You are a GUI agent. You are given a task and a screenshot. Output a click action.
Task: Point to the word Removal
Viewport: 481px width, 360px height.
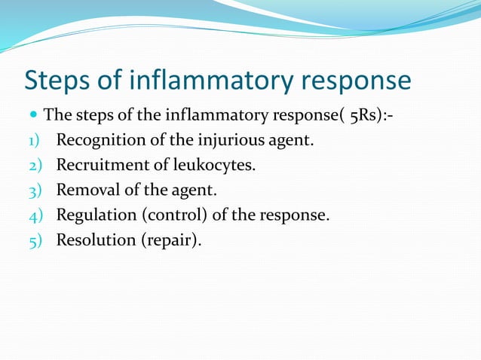pos(84,191)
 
